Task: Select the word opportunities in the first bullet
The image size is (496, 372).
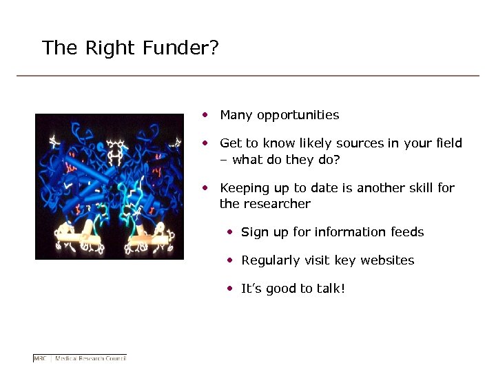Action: [x=298, y=115]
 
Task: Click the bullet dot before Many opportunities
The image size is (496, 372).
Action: [x=205, y=114]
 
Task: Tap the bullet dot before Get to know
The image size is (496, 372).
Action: [x=205, y=143]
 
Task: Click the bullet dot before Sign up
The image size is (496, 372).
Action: [x=231, y=232]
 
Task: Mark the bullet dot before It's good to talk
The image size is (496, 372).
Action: [x=231, y=289]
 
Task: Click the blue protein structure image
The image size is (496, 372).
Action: [x=110, y=186]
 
